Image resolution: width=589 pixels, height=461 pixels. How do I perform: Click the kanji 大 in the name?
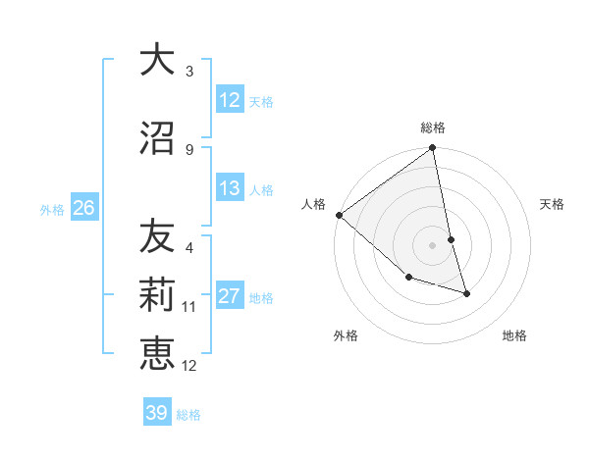(157, 61)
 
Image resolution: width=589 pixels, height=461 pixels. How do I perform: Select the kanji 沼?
(157, 139)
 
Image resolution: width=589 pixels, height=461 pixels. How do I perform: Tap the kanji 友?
(157, 236)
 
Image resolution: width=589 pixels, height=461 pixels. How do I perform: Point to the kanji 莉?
(157, 295)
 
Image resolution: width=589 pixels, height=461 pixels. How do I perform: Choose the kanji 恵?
(157, 353)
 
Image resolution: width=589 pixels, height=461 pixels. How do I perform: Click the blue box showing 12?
(230, 100)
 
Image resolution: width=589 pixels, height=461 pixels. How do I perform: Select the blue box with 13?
(230, 188)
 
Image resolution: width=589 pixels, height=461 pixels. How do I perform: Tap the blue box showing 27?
(230, 296)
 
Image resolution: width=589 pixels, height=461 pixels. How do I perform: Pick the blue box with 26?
(83, 208)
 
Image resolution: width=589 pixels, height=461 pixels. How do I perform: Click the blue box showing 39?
(157, 413)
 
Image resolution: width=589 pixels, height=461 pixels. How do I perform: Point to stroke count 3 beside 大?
(189, 72)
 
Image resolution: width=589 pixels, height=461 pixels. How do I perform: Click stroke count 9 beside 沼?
(189, 150)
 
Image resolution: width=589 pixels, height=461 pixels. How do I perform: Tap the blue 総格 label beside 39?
(188, 415)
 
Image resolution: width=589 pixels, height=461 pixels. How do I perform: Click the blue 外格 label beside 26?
(52, 209)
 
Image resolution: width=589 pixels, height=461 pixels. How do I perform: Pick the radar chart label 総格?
(433, 128)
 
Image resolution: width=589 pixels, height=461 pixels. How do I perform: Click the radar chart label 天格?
(553, 204)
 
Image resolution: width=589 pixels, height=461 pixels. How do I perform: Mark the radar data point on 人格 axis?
(339, 215)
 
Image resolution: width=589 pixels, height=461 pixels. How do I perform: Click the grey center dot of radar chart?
(433, 245)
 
